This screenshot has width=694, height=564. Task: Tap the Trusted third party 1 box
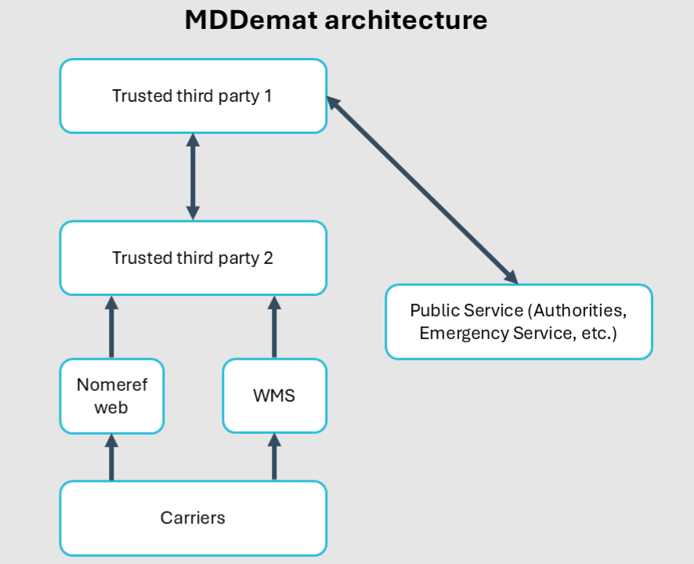[193, 96]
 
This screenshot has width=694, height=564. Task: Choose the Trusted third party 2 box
[193, 258]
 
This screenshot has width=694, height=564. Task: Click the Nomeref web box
[111, 396]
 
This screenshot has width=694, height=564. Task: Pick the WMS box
[274, 396]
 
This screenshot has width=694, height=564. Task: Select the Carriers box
[193, 518]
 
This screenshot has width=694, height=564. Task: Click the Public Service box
[519, 322]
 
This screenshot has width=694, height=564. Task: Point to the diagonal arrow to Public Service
[422, 189]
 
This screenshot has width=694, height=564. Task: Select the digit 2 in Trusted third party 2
[268, 258]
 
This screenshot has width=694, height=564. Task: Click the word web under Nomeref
[111, 407]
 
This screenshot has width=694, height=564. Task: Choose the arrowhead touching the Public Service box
[511, 277]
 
